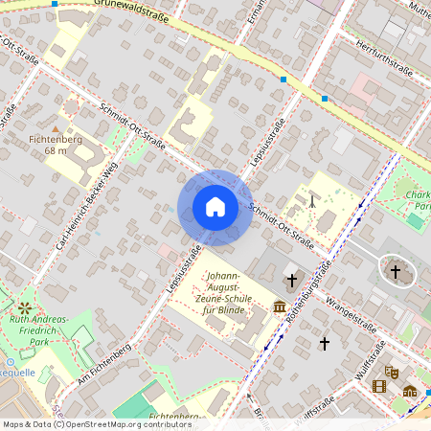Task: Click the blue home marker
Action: tap(215, 207)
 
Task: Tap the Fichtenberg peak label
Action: tap(56, 140)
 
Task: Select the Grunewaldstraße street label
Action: tap(131, 11)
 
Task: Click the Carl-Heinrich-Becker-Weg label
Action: tap(85, 205)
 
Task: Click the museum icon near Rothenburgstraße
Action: tap(280, 306)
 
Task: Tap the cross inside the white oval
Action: tap(395, 272)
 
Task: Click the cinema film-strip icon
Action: tap(379, 387)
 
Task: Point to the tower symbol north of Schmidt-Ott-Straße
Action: tap(312, 202)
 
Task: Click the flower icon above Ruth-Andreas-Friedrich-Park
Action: tap(22, 308)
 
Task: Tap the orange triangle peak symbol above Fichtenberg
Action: tap(56, 127)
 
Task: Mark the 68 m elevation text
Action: tap(56, 151)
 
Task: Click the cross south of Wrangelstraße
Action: tap(324, 343)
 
